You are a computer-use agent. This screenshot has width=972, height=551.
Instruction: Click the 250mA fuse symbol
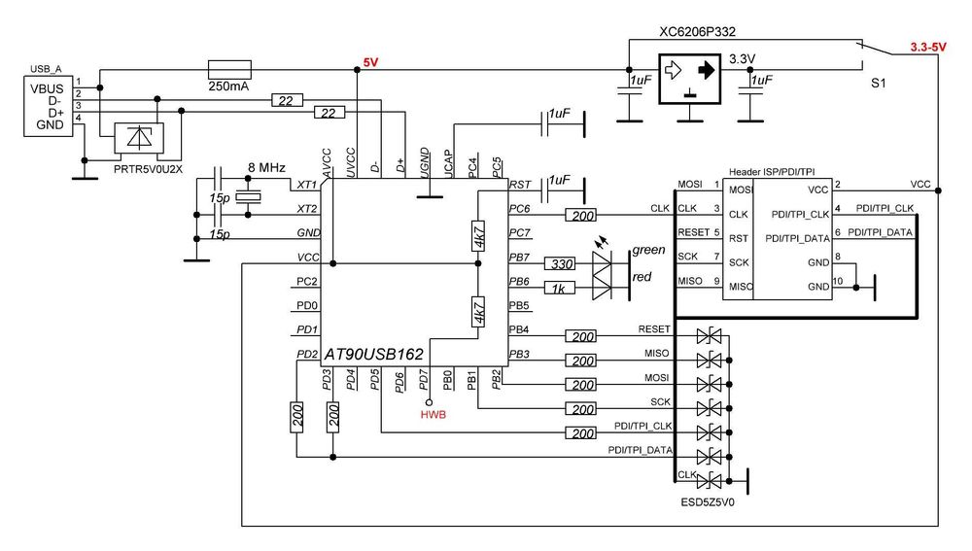pyautogui.click(x=230, y=69)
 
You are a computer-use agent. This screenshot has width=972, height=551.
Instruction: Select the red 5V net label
pyautogui.click(x=370, y=62)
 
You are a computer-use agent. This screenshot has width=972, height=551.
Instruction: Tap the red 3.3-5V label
pyautogui.click(x=927, y=47)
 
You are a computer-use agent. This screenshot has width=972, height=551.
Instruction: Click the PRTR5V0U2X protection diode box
pyautogui.click(x=140, y=140)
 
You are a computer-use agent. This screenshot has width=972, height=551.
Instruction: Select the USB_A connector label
pyautogui.click(x=48, y=69)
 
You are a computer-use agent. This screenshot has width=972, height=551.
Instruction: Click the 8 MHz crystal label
pyautogui.click(x=265, y=168)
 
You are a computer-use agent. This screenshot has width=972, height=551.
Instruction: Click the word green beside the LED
pyautogui.click(x=648, y=250)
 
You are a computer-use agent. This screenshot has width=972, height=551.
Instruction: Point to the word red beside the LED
pyautogui.click(x=642, y=278)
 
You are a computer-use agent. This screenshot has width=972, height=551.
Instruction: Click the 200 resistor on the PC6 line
pyautogui.click(x=583, y=215)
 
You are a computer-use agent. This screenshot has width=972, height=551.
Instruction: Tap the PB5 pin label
pyautogui.click(x=519, y=305)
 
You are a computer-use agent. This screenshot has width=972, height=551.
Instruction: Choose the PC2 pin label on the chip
pyautogui.click(x=307, y=282)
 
